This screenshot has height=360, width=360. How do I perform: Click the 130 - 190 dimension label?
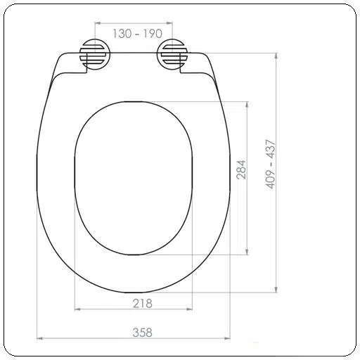(x=137, y=34)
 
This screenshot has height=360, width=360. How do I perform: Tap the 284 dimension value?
(x=241, y=170)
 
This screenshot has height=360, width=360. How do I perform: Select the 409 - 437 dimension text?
(x=270, y=164)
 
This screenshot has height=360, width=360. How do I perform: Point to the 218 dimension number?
(x=143, y=304)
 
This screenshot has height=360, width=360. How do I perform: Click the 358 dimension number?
(x=143, y=333)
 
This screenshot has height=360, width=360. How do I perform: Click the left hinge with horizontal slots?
(x=95, y=54)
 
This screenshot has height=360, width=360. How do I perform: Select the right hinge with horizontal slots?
(x=172, y=54)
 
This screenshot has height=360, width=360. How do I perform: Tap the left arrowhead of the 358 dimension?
(x=40, y=338)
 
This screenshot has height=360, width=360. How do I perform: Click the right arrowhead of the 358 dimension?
(x=227, y=338)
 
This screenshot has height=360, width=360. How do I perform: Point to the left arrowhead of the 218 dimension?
(x=77, y=309)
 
